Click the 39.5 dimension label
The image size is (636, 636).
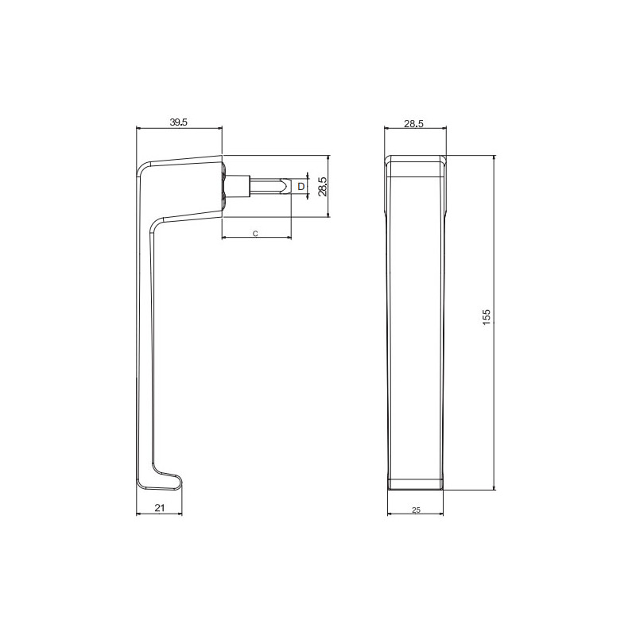[178, 122]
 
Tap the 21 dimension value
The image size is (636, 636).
[160, 507]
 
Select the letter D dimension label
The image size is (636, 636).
[301, 187]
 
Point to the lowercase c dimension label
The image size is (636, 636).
[255, 234]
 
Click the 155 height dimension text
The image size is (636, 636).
[487, 316]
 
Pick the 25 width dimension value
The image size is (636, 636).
[416, 510]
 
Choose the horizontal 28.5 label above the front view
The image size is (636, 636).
[413, 123]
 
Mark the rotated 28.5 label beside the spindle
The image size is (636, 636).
[323, 187]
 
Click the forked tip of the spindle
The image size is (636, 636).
[287, 186]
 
